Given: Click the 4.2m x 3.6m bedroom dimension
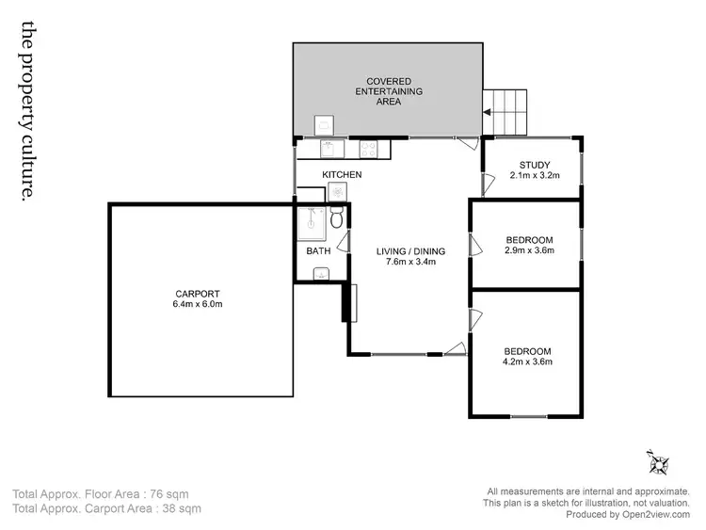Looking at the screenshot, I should (527, 361).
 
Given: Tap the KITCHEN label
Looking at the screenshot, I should (342, 175).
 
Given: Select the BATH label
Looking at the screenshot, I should (318, 251).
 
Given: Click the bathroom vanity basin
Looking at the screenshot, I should (321, 274).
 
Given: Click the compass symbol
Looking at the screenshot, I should (658, 463).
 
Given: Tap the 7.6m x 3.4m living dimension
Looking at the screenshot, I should (410, 263).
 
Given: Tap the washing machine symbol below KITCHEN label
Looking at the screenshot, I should (336, 192).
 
